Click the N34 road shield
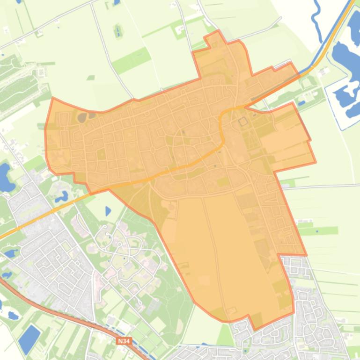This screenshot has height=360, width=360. (x=124, y=341)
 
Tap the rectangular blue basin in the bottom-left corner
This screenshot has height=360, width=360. (x=29, y=339)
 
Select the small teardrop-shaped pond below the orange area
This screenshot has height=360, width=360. (x=108, y=211)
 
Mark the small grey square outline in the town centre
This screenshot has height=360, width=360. (x=242, y=122)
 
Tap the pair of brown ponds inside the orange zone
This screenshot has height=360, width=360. (x=86, y=116)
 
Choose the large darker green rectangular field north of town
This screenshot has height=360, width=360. (x=132, y=61)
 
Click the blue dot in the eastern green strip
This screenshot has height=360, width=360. (x=317, y=230)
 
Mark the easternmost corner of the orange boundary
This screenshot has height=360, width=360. (x=316, y=163)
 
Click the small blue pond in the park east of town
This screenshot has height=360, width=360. (x=302, y=103)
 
